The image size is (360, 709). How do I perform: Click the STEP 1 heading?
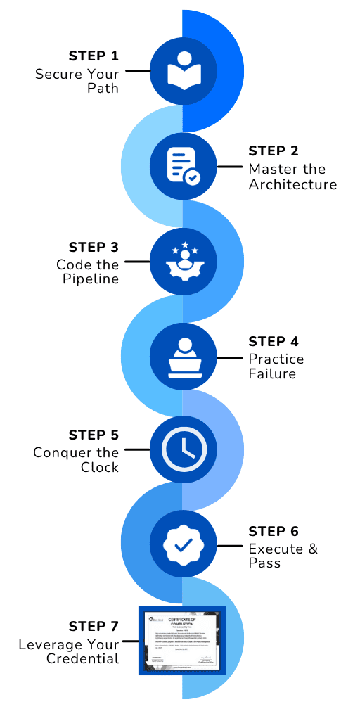tap(94, 56)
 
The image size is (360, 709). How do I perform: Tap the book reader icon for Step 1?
tap(183, 71)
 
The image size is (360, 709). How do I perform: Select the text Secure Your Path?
tap(77, 81)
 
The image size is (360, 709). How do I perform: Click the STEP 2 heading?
tap(274, 151)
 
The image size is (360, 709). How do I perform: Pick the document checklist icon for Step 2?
tap(183, 167)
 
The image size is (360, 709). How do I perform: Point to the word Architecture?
tap(292, 185)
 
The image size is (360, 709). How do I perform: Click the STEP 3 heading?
tap(94, 247)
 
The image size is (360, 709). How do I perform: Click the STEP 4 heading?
tap(274, 342)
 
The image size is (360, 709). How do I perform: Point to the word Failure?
tap(272, 373)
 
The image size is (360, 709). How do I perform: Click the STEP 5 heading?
tap(94, 435)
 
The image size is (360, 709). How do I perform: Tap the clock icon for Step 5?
tap(183, 449)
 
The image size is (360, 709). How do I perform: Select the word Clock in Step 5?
tap(99, 467)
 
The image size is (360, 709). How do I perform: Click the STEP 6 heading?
tap(274, 531)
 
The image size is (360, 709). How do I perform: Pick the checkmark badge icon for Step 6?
tap(183, 545)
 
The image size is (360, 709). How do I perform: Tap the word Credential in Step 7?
tap(82, 658)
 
